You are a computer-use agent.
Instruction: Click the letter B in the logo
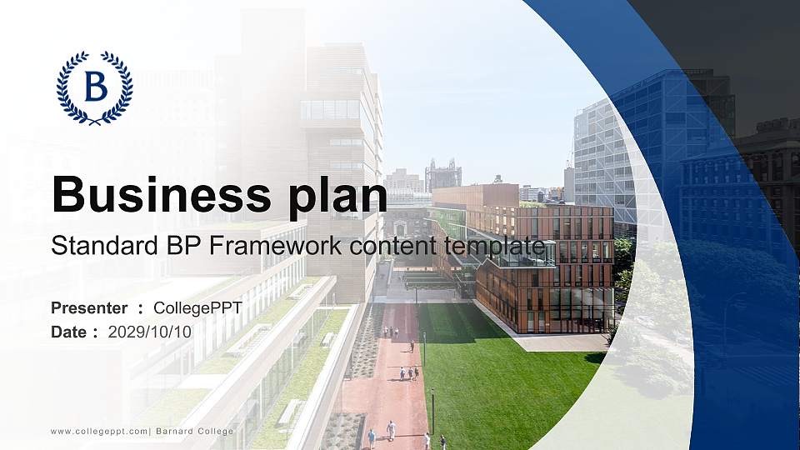coord(95,86)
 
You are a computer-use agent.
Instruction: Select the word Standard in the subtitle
coord(94,247)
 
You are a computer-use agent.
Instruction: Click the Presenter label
coord(89,308)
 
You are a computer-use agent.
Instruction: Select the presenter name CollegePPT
coord(198,308)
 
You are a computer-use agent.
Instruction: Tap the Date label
coord(69,332)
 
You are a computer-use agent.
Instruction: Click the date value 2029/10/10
coord(150,332)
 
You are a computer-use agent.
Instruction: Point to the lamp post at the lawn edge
coord(432,408)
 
